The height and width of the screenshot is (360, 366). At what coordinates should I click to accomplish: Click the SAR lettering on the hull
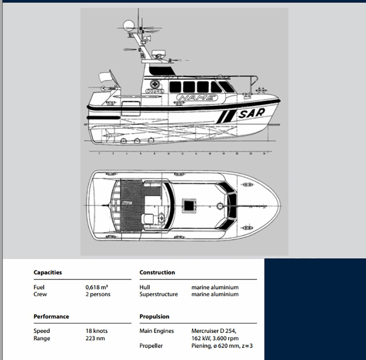tap(252, 113)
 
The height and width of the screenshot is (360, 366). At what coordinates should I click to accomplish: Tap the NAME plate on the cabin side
tap(197, 98)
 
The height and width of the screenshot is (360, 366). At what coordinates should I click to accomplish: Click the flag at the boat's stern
tap(105, 77)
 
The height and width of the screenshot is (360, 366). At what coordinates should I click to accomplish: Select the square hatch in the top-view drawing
tap(190, 205)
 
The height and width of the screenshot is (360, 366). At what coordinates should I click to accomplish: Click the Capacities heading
tap(48, 272)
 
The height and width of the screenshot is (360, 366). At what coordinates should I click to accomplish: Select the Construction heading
tap(157, 272)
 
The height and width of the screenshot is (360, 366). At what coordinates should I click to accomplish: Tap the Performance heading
tap(51, 316)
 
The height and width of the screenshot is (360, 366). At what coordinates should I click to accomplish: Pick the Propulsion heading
tap(154, 316)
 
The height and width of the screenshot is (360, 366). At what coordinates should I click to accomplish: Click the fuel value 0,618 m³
tap(97, 287)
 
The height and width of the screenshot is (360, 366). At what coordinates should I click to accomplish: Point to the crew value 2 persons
tap(97, 294)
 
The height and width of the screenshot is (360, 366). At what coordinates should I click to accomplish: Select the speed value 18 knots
tap(97, 331)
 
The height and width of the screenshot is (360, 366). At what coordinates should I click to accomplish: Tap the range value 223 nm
tap(95, 338)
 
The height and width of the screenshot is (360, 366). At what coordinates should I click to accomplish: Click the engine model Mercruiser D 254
tap(216, 331)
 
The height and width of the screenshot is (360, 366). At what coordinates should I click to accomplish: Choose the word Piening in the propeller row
tap(201, 346)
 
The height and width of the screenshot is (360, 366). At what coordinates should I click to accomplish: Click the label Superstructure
tap(158, 294)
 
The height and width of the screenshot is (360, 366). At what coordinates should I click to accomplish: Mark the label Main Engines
tap(157, 331)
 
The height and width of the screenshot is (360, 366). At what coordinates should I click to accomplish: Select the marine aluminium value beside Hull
tap(215, 287)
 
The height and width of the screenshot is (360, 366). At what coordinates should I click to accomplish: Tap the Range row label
tap(42, 338)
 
